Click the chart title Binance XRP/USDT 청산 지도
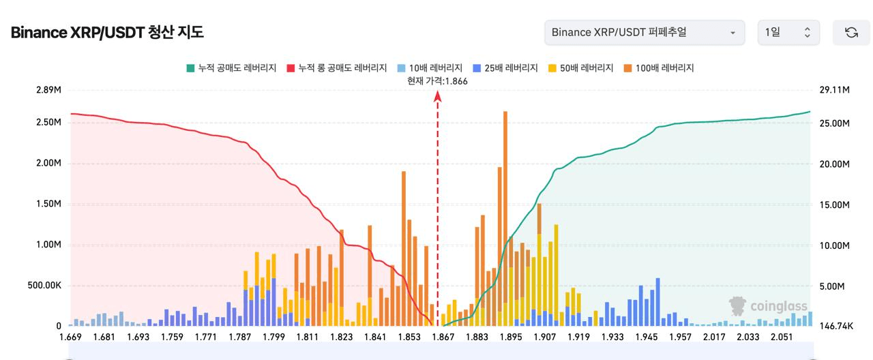tap(107, 32)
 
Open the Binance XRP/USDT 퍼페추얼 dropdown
tap(644, 32)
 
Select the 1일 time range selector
tap(788, 32)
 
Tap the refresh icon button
tap(851, 32)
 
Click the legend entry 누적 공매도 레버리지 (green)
tap(231, 68)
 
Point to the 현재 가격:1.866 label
tap(437, 81)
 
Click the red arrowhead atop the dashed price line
tap(438, 97)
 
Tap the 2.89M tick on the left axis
tap(48, 90)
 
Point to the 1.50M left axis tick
tap(48, 204)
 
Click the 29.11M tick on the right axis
tap(835, 90)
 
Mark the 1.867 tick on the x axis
tap(443, 337)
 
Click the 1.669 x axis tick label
tap(71, 337)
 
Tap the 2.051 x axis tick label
tap(782, 337)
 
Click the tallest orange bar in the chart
tap(505, 205)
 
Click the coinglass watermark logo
tap(768, 306)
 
